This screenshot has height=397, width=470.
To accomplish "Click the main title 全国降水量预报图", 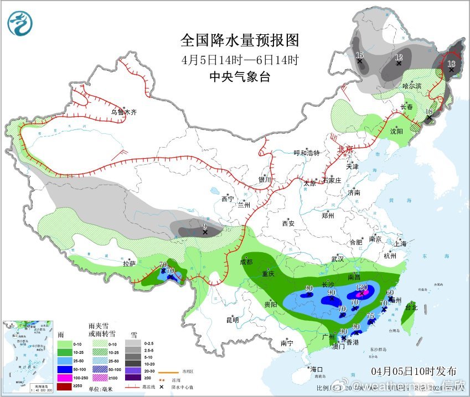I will (x=240, y=40).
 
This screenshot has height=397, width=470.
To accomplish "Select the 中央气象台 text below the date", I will (x=240, y=77).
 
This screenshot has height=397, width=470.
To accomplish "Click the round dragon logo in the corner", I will (x=20, y=23).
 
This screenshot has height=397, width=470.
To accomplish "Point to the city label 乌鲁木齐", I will (x=123, y=112).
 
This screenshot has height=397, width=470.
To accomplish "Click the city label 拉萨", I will (x=130, y=264).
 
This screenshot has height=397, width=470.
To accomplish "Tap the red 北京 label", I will (x=345, y=149).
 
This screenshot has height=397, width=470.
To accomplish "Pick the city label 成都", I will (x=246, y=262).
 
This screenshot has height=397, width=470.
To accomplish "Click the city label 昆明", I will (x=233, y=320).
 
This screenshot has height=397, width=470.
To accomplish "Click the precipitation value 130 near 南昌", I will (x=363, y=287).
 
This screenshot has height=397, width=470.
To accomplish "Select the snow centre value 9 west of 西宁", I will (x=205, y=226).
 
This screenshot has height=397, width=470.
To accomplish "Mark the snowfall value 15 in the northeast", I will (x=359, y=55).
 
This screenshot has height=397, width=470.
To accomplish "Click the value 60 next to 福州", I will (x=389, y=292).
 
